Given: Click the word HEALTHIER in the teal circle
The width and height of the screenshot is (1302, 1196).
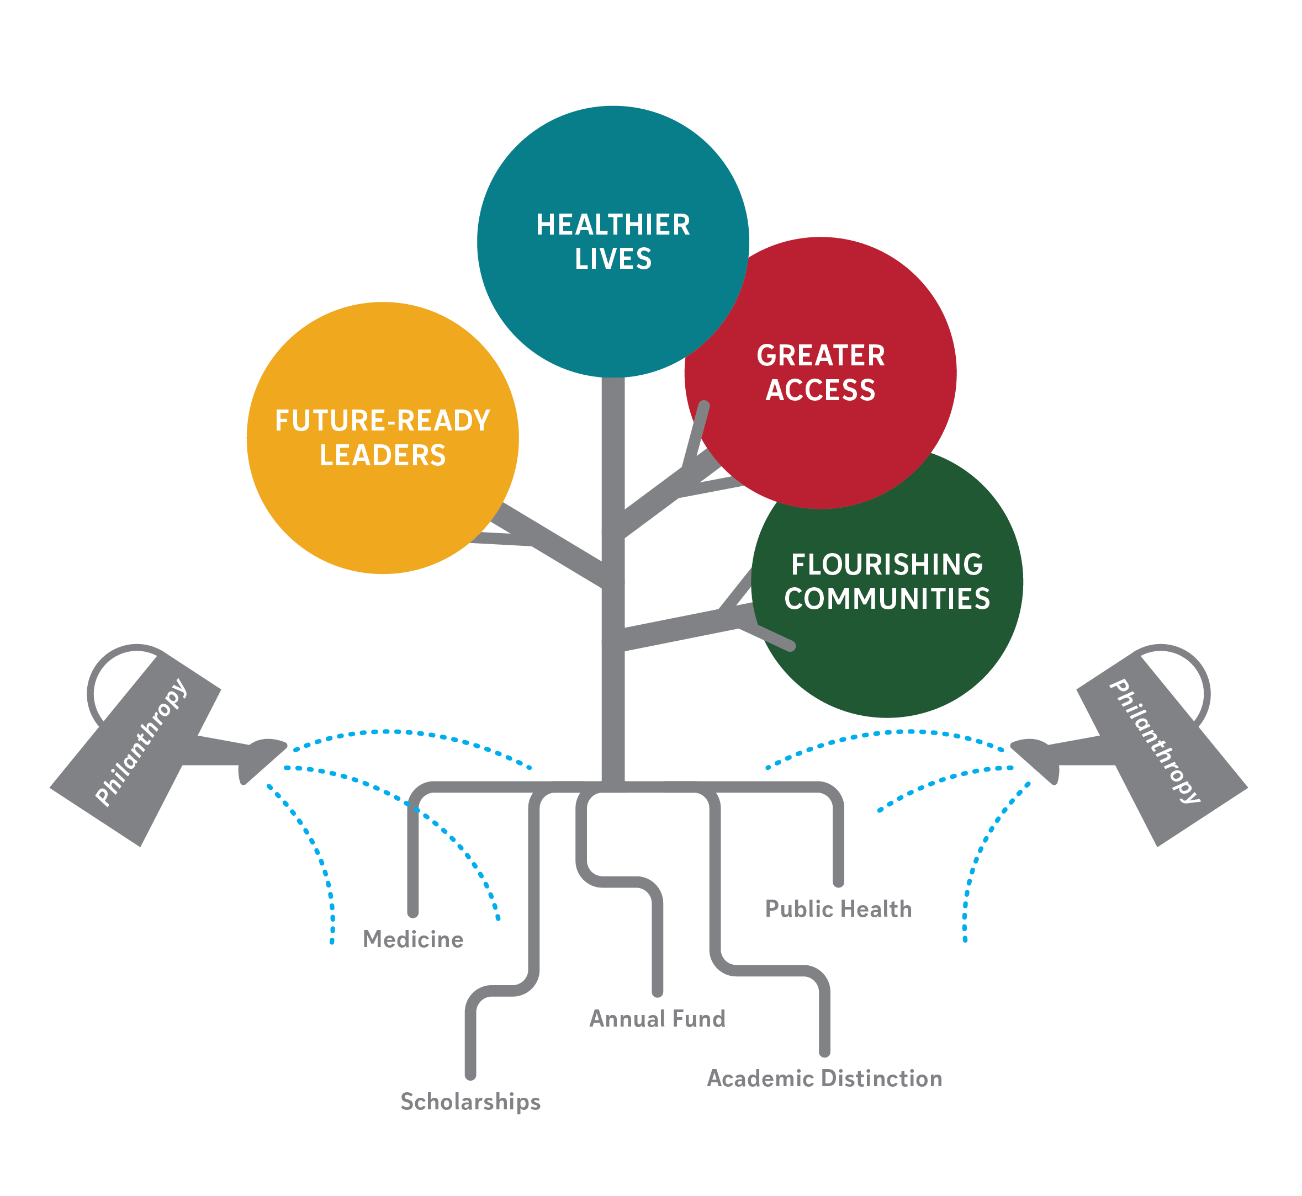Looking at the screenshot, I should [x=612, y=225].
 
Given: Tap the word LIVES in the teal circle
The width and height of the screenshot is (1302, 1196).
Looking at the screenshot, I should [x=612, y=259].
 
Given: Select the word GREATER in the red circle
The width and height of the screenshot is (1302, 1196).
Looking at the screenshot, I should [x=821, y=356].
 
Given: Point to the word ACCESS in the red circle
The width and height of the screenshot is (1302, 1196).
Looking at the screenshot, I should [x=821, y=390].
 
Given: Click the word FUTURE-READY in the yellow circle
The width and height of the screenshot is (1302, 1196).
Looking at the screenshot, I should [x=382, y=421].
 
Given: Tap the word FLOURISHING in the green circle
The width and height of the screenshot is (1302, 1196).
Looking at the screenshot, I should [x=886, y=565].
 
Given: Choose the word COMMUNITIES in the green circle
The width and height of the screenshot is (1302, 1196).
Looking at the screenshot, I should [x=886, y=599].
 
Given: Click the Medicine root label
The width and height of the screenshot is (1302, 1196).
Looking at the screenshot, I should [x=412, y=939].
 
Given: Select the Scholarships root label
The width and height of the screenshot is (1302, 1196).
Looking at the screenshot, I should [x=470, y=1102].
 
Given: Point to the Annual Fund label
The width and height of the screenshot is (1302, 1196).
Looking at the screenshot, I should [x=657, y=1019].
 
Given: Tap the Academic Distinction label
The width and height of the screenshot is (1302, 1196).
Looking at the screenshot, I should [x=823, y=1078].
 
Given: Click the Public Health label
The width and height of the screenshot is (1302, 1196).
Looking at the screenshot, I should [x=838, y=908].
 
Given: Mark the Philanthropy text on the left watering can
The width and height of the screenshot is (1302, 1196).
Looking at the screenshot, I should [x=141, y=742].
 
